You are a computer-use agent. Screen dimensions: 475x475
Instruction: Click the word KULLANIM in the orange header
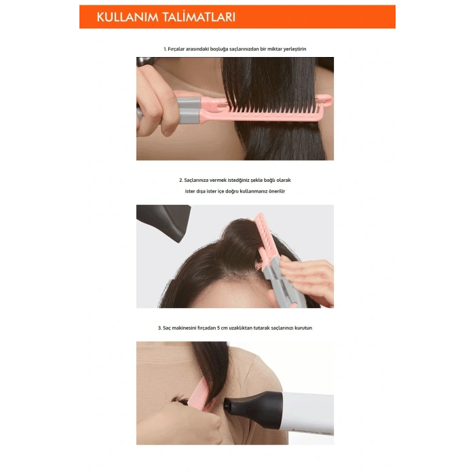[128, 18]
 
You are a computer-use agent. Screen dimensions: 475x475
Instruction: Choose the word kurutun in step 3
[303, 328]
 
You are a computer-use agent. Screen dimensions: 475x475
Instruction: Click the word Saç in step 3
[168, 328]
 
